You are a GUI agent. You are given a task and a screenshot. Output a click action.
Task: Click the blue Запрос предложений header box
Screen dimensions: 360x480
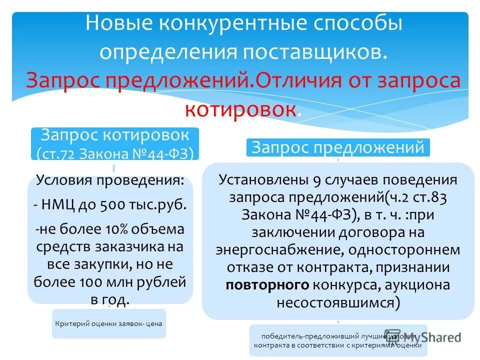(338, 147)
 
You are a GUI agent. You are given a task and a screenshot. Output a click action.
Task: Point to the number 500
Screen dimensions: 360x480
(112, 204)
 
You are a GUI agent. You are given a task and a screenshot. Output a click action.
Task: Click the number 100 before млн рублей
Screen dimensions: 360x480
(90, 281)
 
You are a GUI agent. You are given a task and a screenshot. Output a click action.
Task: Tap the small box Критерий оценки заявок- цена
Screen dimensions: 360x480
(108, 323)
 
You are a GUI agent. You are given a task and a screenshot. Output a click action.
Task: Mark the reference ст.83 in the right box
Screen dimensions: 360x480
(429, 197)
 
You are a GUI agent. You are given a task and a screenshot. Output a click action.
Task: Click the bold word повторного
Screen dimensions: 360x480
(266, 284)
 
